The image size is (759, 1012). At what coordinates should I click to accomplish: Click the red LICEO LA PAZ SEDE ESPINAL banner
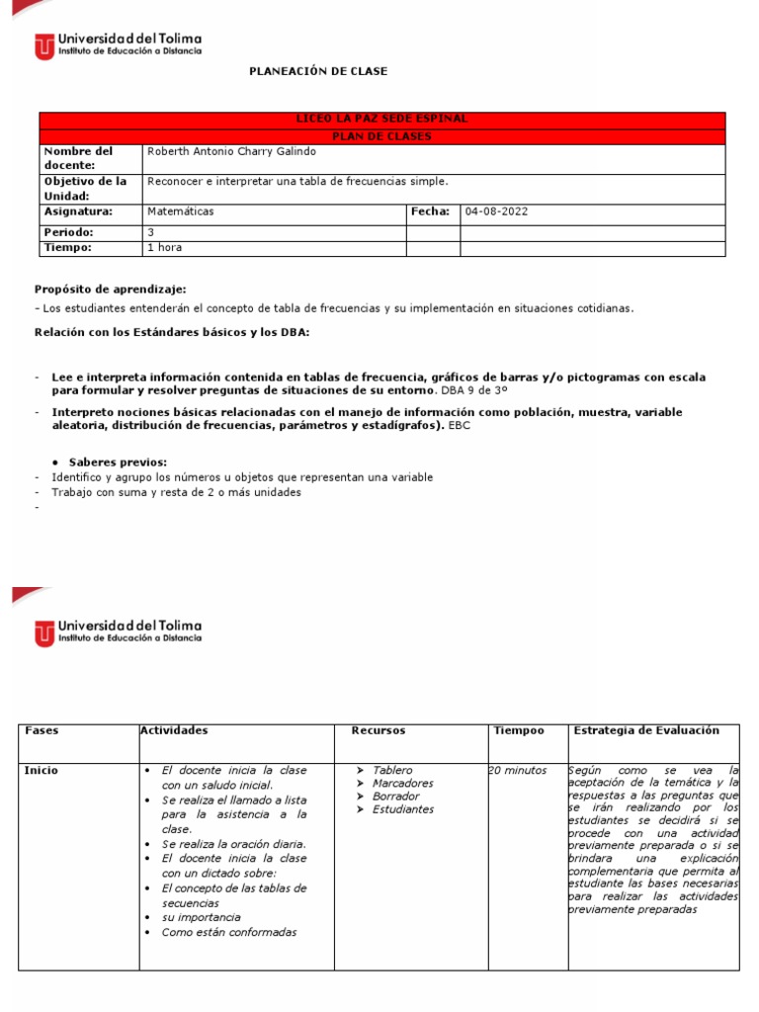click(x=381, y=119)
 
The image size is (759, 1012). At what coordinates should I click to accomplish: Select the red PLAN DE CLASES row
click(x=381, y=135)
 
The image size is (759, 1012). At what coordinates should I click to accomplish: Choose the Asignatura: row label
click(x=78, y=211)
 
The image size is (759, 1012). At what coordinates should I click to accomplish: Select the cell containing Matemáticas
click(x=180, y=211)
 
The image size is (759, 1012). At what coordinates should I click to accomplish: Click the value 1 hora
click(x=164, y=247)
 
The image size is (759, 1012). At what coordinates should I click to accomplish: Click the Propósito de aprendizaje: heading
click(x=110, y=289)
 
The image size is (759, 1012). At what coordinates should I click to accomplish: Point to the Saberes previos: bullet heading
click(x=118, y=462)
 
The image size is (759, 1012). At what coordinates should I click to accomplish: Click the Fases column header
click(x=42, y=730)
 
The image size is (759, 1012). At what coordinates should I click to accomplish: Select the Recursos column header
click(x=378, y=730)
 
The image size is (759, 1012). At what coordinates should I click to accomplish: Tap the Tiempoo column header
click(x=518, y=730)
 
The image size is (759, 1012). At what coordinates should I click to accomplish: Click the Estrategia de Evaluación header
click(x=646, y=730)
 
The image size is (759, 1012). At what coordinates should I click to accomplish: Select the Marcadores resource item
click(x=402, y=783)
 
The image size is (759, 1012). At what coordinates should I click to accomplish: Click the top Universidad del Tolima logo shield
click(x=44, y=45)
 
